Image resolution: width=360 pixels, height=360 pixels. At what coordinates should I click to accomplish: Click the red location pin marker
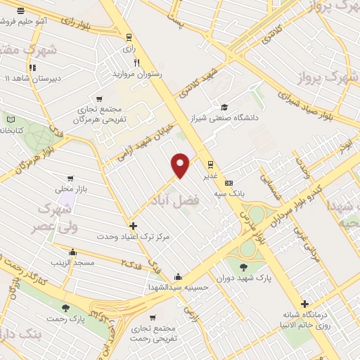pyautogui.click(x=181, y=165)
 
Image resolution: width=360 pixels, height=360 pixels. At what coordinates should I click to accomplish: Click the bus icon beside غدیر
pyautogui.click(x=210, y=166)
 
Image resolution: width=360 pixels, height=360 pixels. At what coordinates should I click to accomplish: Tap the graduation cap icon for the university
pyautogui.click(x=224, y=107)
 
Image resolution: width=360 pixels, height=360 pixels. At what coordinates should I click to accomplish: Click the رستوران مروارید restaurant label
pyautogui.click(x=137, y=73)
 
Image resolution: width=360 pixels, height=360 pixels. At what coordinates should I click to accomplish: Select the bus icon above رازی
pyautogui.click(x=128, y=37)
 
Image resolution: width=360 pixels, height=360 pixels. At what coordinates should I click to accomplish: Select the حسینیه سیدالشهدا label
pyautogui.click(x=178, y=288)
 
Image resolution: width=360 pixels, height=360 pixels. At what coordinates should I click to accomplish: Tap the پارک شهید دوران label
pyautogui.click(x=243, y=278)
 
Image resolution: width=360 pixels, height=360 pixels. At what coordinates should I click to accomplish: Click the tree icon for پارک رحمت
pyautogui.click(x=65, y=307)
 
